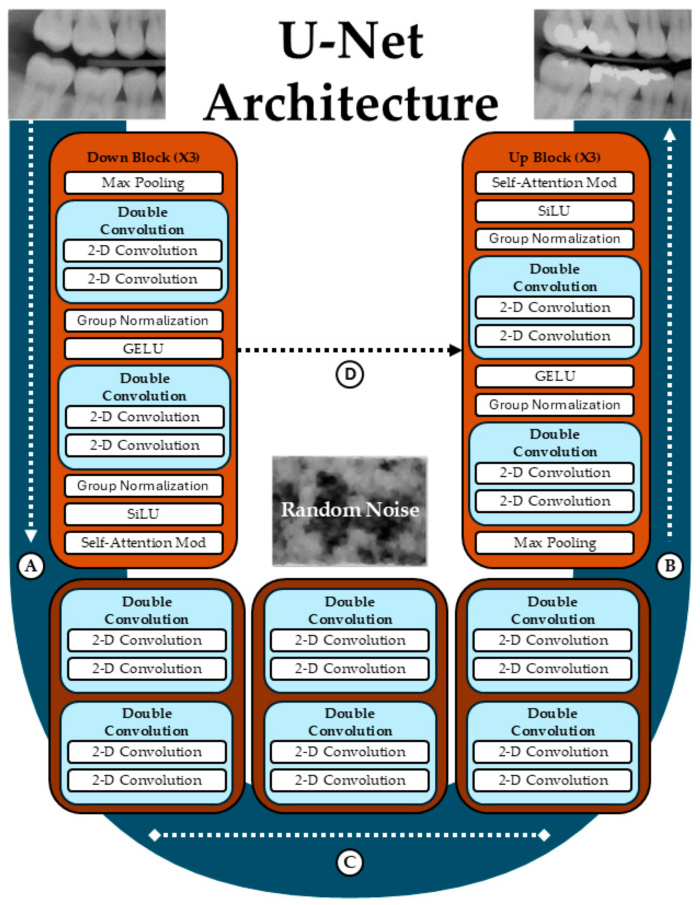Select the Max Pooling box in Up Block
coord(554,542)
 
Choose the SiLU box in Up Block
coord(554,211)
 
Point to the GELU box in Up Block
coord(554,376)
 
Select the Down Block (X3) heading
coord(143,157)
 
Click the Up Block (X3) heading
coord(554,157)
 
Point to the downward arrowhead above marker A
coord(31,535)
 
